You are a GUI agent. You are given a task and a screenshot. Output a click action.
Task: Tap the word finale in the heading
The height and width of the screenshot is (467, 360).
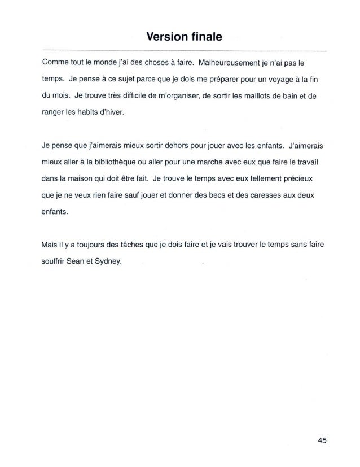point(204,38)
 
